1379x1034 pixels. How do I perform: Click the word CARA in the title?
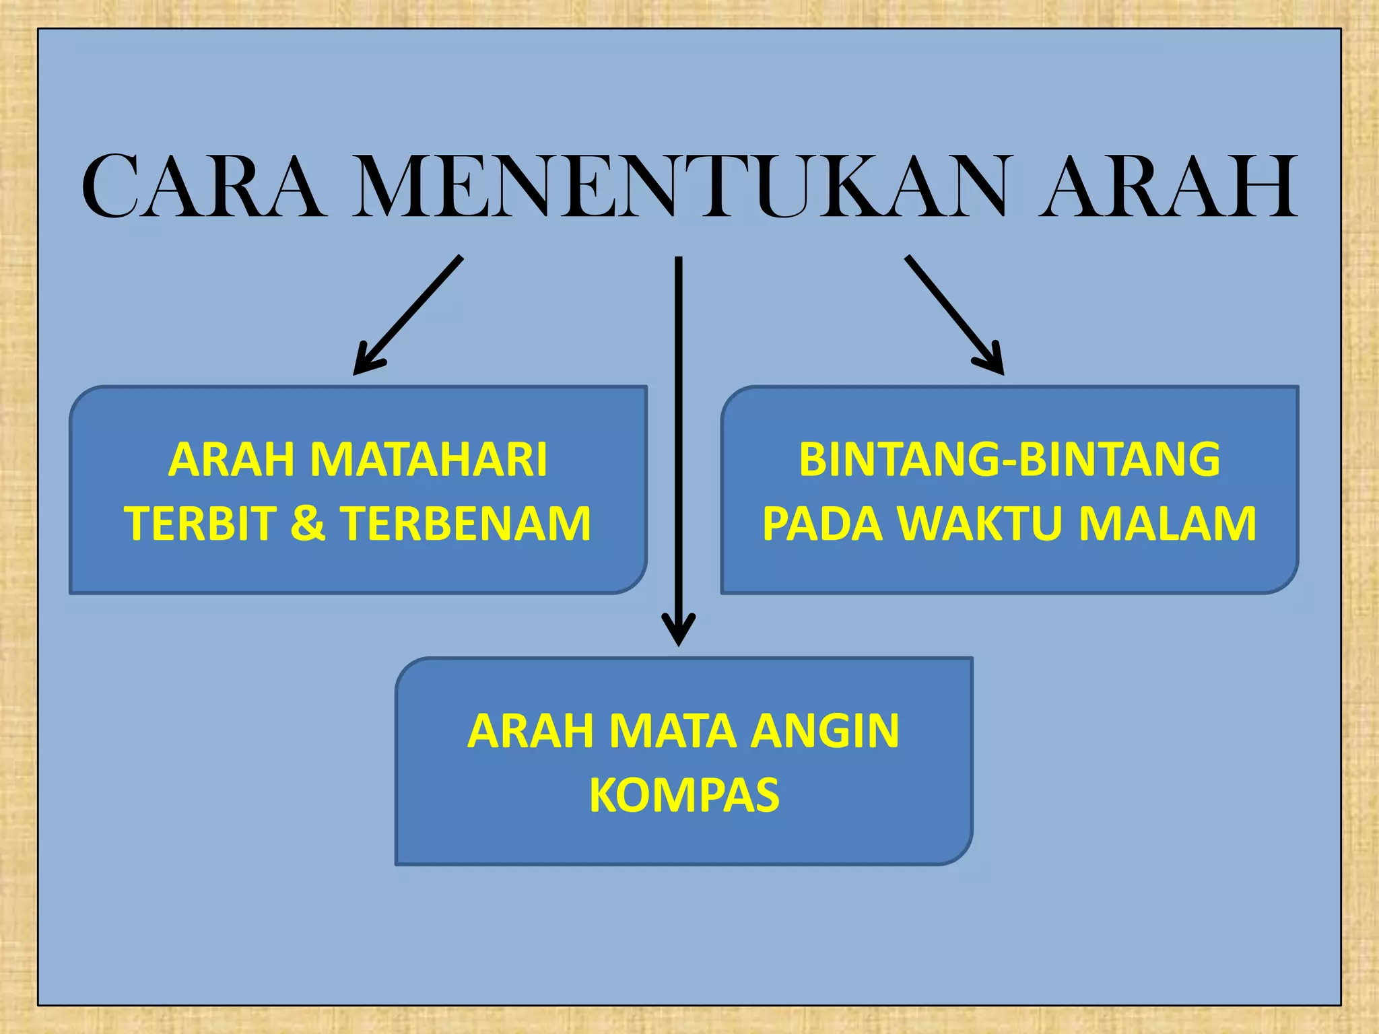202,186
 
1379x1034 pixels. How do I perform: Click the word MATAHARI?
428,460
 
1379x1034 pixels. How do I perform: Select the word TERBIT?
200,524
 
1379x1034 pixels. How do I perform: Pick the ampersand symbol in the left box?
308,524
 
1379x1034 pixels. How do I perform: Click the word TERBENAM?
467,524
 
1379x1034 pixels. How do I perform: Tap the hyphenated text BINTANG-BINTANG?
1009,460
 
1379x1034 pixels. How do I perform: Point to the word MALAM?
1168,524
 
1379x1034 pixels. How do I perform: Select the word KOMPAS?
684,795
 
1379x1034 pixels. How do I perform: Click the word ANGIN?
826,731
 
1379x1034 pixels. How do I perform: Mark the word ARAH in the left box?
231,460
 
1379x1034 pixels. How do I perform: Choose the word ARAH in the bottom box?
530,731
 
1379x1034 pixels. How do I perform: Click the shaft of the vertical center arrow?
679,438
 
